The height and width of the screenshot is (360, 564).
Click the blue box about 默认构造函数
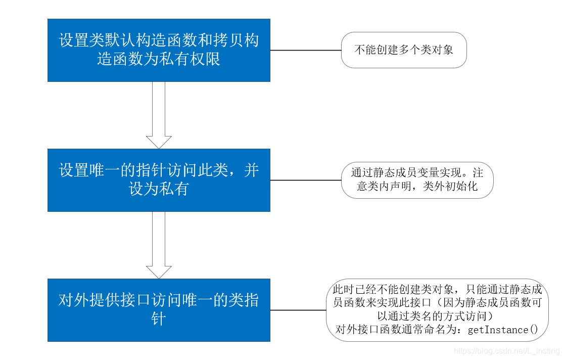[159, 50]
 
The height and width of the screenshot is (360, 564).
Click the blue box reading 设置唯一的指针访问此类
[159, 180]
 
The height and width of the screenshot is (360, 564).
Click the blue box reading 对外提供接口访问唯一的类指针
[159, 309]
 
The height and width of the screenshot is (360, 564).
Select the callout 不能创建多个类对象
[404, 50]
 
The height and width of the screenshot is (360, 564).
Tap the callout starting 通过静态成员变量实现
[417, 180]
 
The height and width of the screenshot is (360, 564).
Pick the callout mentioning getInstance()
[438, 309]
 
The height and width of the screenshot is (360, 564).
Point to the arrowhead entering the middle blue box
[159, 142]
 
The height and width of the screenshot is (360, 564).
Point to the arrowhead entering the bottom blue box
[159, 272]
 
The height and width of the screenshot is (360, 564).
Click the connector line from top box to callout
[306, 50]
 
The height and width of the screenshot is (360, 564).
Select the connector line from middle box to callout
[306, 180]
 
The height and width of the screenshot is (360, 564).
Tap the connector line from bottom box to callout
[298, 309]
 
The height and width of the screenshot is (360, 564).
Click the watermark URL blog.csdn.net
[506, 350]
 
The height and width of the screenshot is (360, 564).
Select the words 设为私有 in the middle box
[159, 189]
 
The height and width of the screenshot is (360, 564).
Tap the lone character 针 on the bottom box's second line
[159, 319]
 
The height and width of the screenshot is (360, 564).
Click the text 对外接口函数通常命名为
[399, 330]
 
